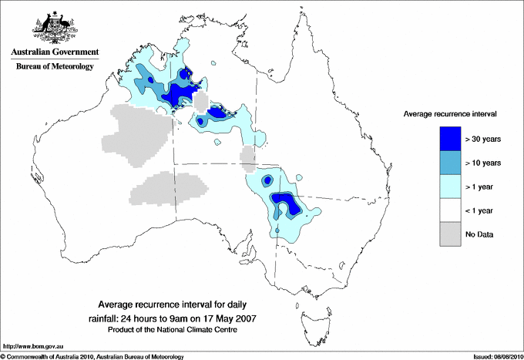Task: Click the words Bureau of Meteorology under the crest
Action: coord(54,66)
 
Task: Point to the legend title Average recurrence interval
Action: coord(450,113)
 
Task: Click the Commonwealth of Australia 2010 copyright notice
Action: coord(92,356)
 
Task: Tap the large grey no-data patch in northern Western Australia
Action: coord(139,134)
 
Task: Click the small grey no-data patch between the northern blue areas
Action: coord(201,103)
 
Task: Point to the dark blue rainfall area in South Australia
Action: coord(286,206)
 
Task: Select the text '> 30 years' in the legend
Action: coord(483,139)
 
